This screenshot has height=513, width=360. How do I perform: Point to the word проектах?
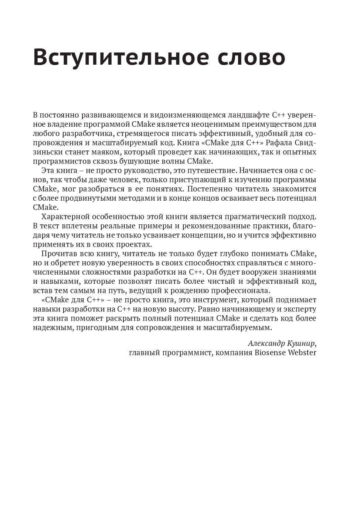(x=133, y=244)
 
